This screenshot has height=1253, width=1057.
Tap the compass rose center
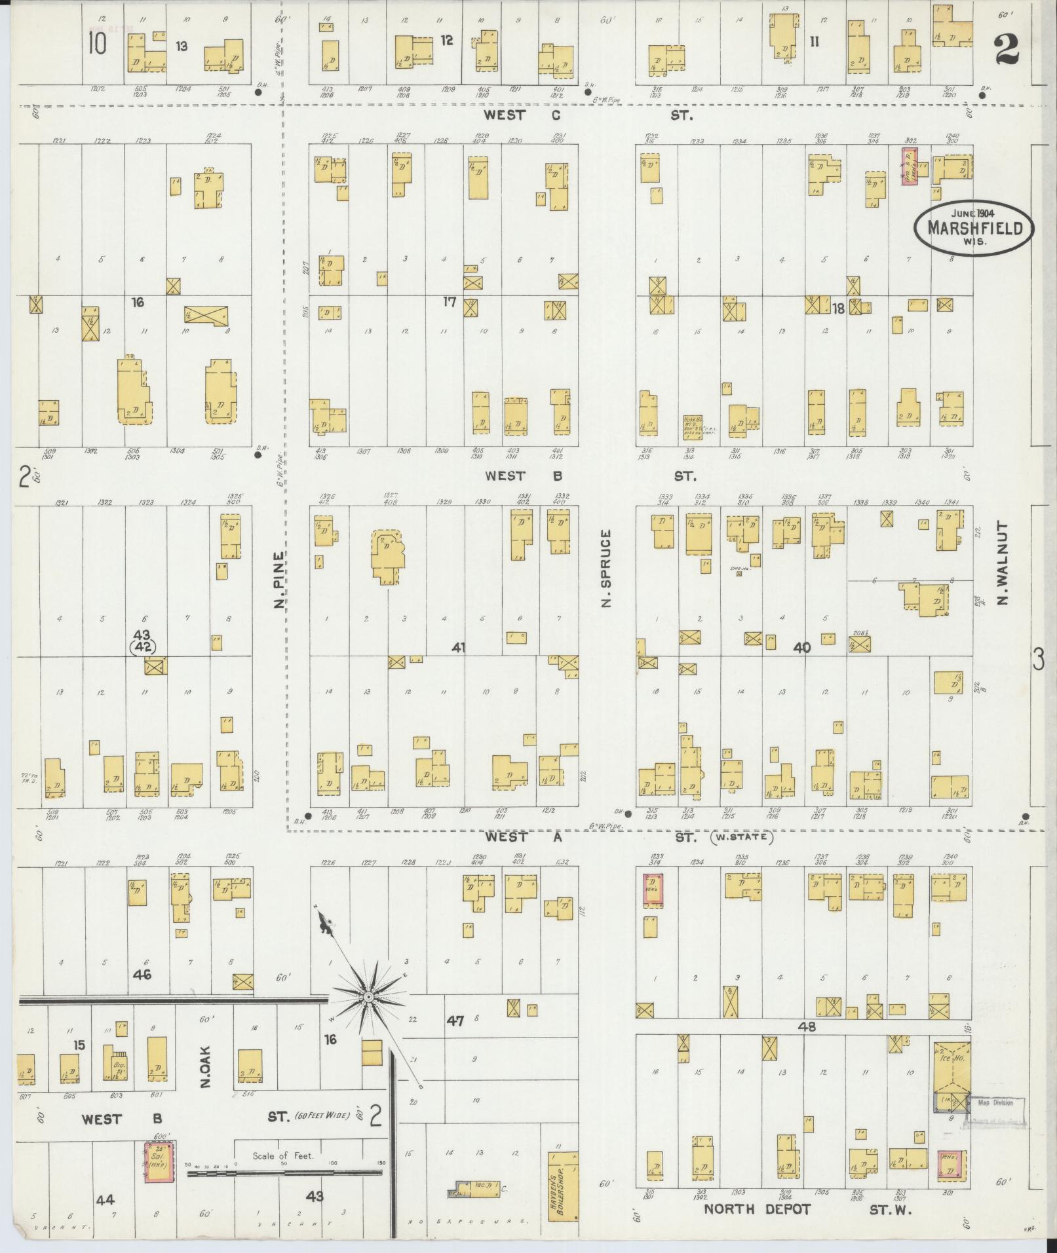point(369,1015)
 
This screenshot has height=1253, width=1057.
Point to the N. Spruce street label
point(605,567)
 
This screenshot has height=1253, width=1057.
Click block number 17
point(450,302)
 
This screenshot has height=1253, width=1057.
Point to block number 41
point(459,647)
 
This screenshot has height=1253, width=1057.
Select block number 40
point(802,648)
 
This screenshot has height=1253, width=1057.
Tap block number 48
point(807,1027)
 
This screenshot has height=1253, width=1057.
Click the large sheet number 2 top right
point(1007,49)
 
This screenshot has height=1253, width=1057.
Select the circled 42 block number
point(142,647)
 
